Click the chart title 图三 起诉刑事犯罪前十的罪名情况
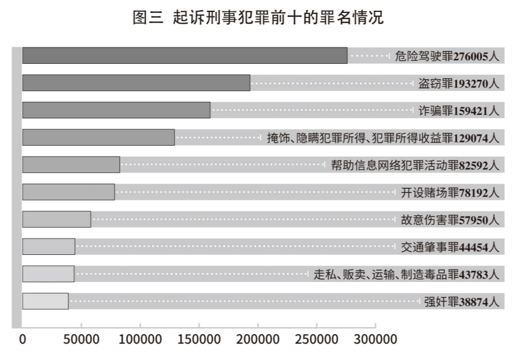point(257,18)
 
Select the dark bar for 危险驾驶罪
point(185,55)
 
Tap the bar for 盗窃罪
point(136,83)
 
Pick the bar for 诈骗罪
point(116,110)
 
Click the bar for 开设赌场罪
point(68,192)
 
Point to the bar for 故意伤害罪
point(56,219)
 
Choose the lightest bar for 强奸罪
point(45,301)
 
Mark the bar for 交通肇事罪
point(49,246)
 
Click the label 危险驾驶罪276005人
point(447,56)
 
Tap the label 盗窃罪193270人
point(459,83)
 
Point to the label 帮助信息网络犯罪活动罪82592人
point(415,165)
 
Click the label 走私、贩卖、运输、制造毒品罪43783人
point(407,274)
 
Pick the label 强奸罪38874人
point(461,301)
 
